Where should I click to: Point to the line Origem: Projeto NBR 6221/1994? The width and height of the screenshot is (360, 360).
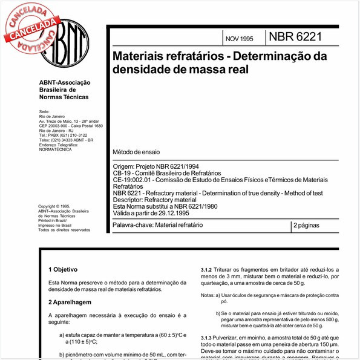(x=156, y=166)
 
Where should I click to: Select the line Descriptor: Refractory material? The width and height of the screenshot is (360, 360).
(x=154, y=200)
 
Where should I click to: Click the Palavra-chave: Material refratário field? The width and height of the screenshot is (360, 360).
(x=158, y=225)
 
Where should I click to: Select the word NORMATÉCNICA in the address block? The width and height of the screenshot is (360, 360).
(x=55, y=149)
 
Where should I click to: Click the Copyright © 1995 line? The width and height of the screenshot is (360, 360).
(x=54, y=206)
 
